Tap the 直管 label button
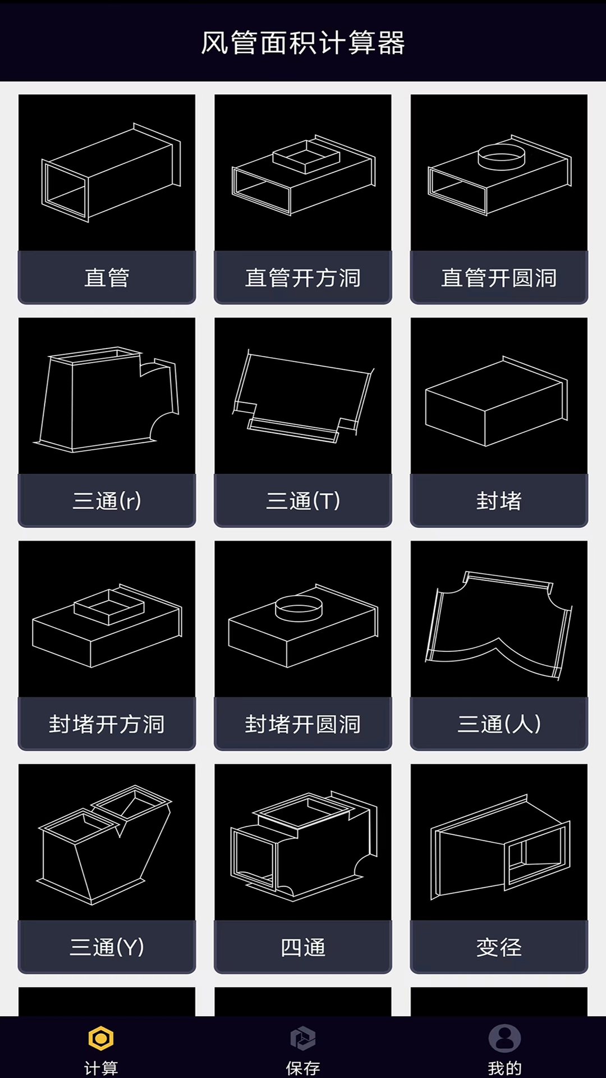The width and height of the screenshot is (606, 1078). point(107,277)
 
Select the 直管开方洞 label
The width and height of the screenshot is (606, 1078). point(303,277)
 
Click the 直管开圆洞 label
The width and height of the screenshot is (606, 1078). point(499,277)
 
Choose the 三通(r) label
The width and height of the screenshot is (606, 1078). point(107,500)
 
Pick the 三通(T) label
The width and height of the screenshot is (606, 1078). point(303,500)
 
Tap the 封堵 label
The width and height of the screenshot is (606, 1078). point(499,500)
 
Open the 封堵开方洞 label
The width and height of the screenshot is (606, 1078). point(107,724)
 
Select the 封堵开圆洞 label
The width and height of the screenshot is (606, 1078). point(303,724)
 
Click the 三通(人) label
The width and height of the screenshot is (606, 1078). point(499,724)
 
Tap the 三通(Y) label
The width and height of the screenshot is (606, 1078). point(107,947)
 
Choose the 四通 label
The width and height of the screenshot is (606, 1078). point(303,947)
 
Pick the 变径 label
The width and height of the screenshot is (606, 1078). point(499,947)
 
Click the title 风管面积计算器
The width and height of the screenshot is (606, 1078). point(303,43)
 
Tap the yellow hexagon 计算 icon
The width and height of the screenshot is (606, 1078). point(101,1039)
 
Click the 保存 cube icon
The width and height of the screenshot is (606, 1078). point(303,1039)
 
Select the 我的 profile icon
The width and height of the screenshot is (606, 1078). point(504,1039)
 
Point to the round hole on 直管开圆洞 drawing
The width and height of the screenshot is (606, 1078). point(502,156)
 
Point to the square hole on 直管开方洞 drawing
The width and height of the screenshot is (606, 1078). point(306,156)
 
